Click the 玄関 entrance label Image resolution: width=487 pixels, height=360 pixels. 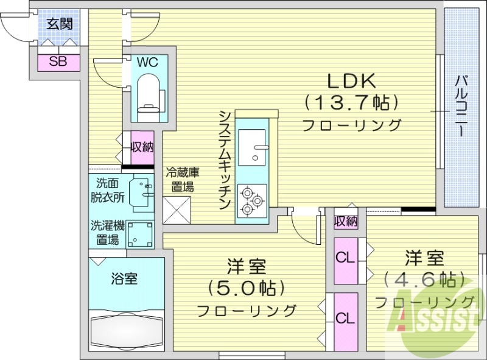click(x=59, y=24)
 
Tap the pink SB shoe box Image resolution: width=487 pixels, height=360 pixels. click(x=58, y=61)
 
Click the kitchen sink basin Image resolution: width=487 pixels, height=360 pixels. click(x=251, y=147)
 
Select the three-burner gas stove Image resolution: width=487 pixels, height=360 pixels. click(x=251, y=200)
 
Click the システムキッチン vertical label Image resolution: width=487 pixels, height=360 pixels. click(x=225, y=160)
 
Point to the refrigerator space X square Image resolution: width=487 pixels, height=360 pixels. click(x=178, y=211)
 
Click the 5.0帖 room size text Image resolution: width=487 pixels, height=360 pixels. click(x=246, y=286)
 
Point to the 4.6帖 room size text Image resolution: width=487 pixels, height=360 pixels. click(x=424, y=280)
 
